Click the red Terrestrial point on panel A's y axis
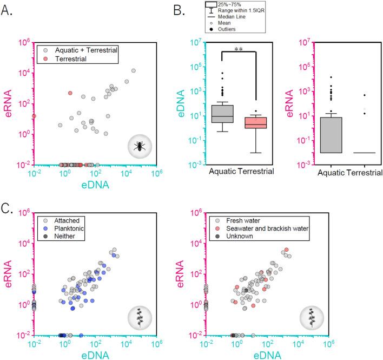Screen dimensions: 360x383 34,116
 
